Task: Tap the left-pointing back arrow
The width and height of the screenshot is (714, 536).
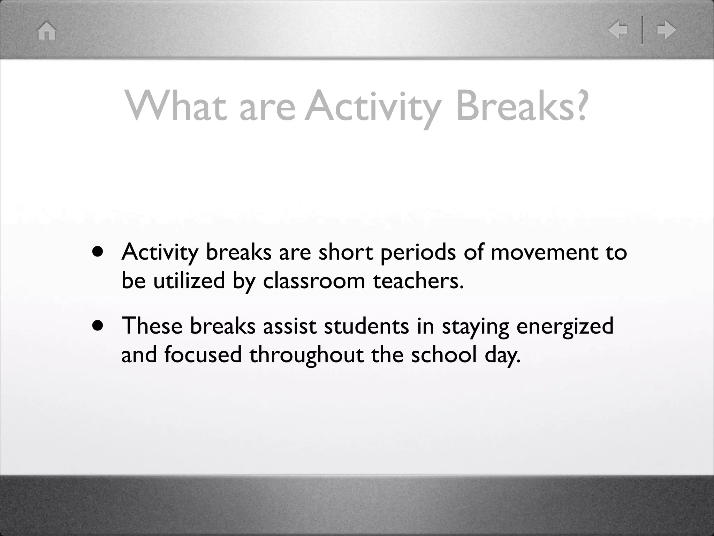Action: [x=618, y=30]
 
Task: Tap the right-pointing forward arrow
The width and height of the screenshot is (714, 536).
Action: [x=666, y=30]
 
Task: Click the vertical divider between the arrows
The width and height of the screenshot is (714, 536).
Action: [x=642, y=30]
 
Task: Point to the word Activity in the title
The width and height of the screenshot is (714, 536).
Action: [x=373, y=106]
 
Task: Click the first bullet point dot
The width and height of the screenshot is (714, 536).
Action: [x=98, y=252]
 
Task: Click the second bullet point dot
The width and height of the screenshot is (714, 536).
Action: [x=98, y=326]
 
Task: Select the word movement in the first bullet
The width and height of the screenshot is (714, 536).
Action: [x=544, y=252]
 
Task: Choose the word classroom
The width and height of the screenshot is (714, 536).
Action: [x=314, y=281]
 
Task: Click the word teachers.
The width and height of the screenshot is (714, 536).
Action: [x=418, y=281]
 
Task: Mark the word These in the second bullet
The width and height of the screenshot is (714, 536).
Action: [x=152, y=326]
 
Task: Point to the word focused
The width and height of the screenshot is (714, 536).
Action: [x=203, y=355]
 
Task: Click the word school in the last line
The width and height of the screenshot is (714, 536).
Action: [x=444, y=355]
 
